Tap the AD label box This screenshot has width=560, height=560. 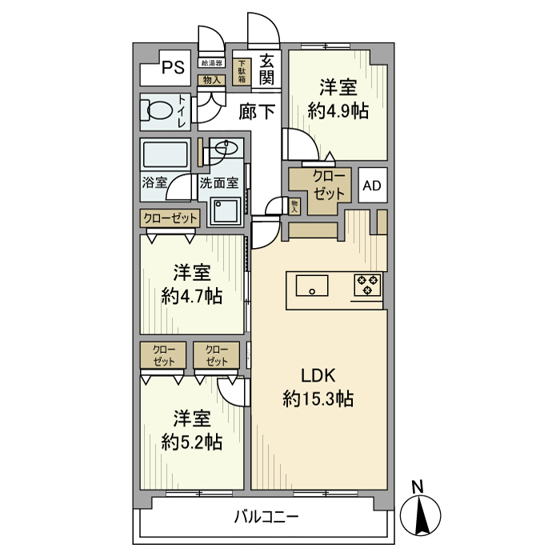371,186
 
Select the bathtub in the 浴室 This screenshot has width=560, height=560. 166,154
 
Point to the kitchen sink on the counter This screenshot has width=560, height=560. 312,285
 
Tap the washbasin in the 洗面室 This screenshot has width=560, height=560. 226,148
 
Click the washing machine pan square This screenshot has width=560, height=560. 226,210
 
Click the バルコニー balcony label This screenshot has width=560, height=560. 266,518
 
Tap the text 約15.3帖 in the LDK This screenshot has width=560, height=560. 318,398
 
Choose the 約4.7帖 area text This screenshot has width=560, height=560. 191,296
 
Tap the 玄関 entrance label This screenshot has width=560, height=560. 267,70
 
